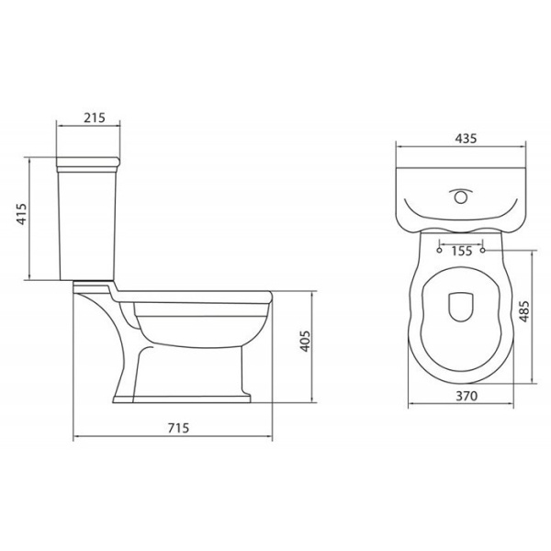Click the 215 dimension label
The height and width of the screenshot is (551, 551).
pos(95,118)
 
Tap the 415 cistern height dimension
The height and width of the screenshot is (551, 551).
pos(22,214)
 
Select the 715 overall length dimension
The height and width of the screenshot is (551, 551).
pos(178,428)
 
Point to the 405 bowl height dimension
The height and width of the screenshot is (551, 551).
pos(306,341)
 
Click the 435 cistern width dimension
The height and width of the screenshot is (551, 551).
pos(466,139)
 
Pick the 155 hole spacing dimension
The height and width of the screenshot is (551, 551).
pos(462,251)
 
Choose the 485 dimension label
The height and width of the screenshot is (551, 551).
pos(524,311)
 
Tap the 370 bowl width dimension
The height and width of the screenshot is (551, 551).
pos(467,396)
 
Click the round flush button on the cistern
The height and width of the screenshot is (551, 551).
pos(461,197)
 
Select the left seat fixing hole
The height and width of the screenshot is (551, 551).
pos(439,250)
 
